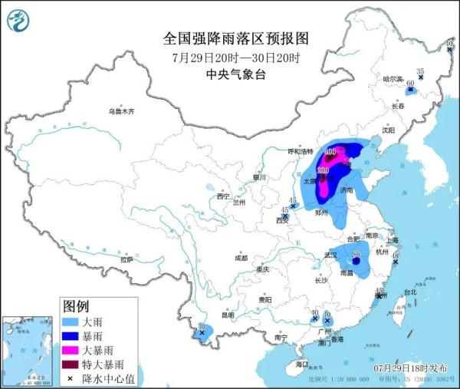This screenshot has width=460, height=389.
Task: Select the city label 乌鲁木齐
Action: tap(120, 112)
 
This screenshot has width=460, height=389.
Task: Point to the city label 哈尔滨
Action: tap(393, 78)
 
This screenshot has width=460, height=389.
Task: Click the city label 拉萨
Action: tap(126, 259)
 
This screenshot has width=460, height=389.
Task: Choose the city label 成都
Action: tap(242, 256)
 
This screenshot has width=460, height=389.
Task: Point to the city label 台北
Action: tap(410, 292)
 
